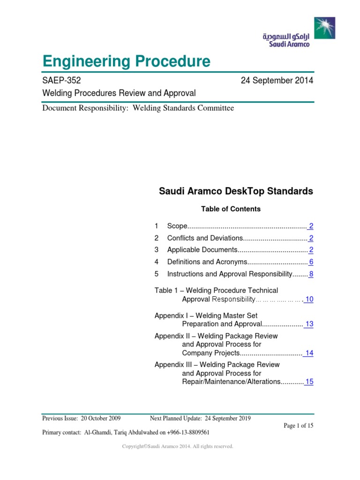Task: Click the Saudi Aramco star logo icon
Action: click(x=325, y=29)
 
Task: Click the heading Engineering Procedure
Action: click(x=126, y=61)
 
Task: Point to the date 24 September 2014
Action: click(x=277, y=81)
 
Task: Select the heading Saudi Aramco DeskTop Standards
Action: click(x=236, y=191)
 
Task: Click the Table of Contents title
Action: click(x=231, y=209)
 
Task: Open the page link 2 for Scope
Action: click(x=311, y=226)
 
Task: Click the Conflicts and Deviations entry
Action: click(x=205, y=238)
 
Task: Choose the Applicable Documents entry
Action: click(x=203, y=250)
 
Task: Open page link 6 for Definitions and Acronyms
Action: click(x=311, y=262)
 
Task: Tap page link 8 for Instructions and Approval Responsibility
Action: click(x=311, y=274)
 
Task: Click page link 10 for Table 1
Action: click(x=309, y=299)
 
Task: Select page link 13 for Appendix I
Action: click(x=309, y=324)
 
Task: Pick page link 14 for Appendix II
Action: click(x=309, y=353)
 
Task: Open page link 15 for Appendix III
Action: click(x=309, y=382)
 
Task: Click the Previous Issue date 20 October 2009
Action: click(x=100, y=419)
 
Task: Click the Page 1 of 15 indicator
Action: click(x=299, y=426)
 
